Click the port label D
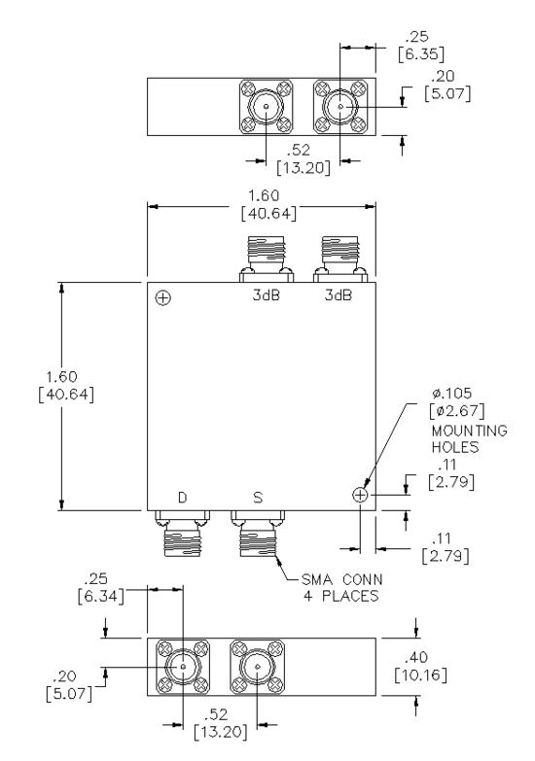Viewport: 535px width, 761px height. tap(182, 498)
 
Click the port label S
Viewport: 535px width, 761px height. tap(258, 498)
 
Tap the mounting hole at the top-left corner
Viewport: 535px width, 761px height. tap(162, 297)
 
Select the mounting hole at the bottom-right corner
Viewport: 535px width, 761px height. tap(360, 495)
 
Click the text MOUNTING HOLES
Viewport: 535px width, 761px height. tap(470, 438)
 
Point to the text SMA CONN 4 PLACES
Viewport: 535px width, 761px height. tap(342, 587)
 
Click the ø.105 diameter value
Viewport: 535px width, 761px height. tap(452, 393)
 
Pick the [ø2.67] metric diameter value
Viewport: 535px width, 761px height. tap(457, 411)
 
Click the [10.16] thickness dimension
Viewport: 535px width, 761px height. tap(421, 675)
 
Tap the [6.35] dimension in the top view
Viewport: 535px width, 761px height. tap(421, 53)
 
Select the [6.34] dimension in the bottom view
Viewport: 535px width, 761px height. tap(100, 596)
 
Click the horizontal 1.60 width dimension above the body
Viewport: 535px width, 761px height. tap(264, 195)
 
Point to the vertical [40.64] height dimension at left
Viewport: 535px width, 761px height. tap(66, 394)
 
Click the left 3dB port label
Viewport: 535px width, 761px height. tap(267, 295)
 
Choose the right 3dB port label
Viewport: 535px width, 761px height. tap(339, 295)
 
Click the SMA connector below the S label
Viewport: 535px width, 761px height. tap(258, 534)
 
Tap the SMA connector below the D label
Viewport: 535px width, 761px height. tap(182, 534)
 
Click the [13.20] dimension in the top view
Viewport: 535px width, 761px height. tap(303, 168)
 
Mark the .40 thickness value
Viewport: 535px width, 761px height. tap(416, 658)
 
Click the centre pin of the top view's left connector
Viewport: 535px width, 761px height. tap(267, 107)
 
